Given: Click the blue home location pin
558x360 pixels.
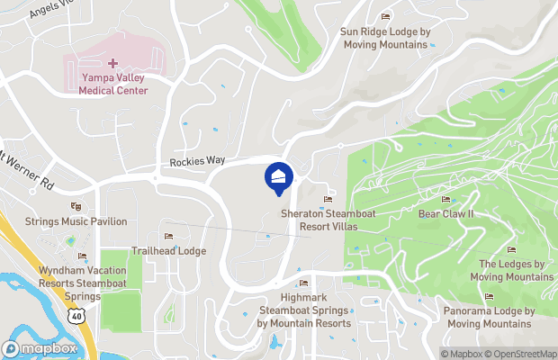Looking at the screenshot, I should click(x=279, y=176).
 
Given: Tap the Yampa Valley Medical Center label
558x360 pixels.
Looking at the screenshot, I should click(x=113, y=84).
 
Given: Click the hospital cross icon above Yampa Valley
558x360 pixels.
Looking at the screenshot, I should click(x=113, y=63).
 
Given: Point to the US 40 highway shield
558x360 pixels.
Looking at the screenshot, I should click(x=78, y=317).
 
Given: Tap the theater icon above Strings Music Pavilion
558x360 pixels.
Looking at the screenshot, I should click(x=76, y=207).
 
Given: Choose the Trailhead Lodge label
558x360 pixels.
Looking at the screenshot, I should click(x=168, y=250).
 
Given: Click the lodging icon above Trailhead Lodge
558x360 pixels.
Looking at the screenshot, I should click(x=168, y=237).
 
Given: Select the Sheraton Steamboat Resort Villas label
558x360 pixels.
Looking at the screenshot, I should click(x=319, y=220).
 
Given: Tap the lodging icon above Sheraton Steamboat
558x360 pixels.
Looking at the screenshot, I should click(x=328, y=199).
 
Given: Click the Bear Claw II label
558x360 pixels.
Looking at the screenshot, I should click(x=446, y=214).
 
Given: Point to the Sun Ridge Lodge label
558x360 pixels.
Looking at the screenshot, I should click(x=384, y=38).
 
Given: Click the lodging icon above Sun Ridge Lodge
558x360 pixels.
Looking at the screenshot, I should click(x=385, y=17).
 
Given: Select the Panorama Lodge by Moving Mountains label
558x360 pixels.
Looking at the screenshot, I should click(x=489, y=317).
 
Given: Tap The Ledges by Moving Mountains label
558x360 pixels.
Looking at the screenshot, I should click(x=511, y=269).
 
